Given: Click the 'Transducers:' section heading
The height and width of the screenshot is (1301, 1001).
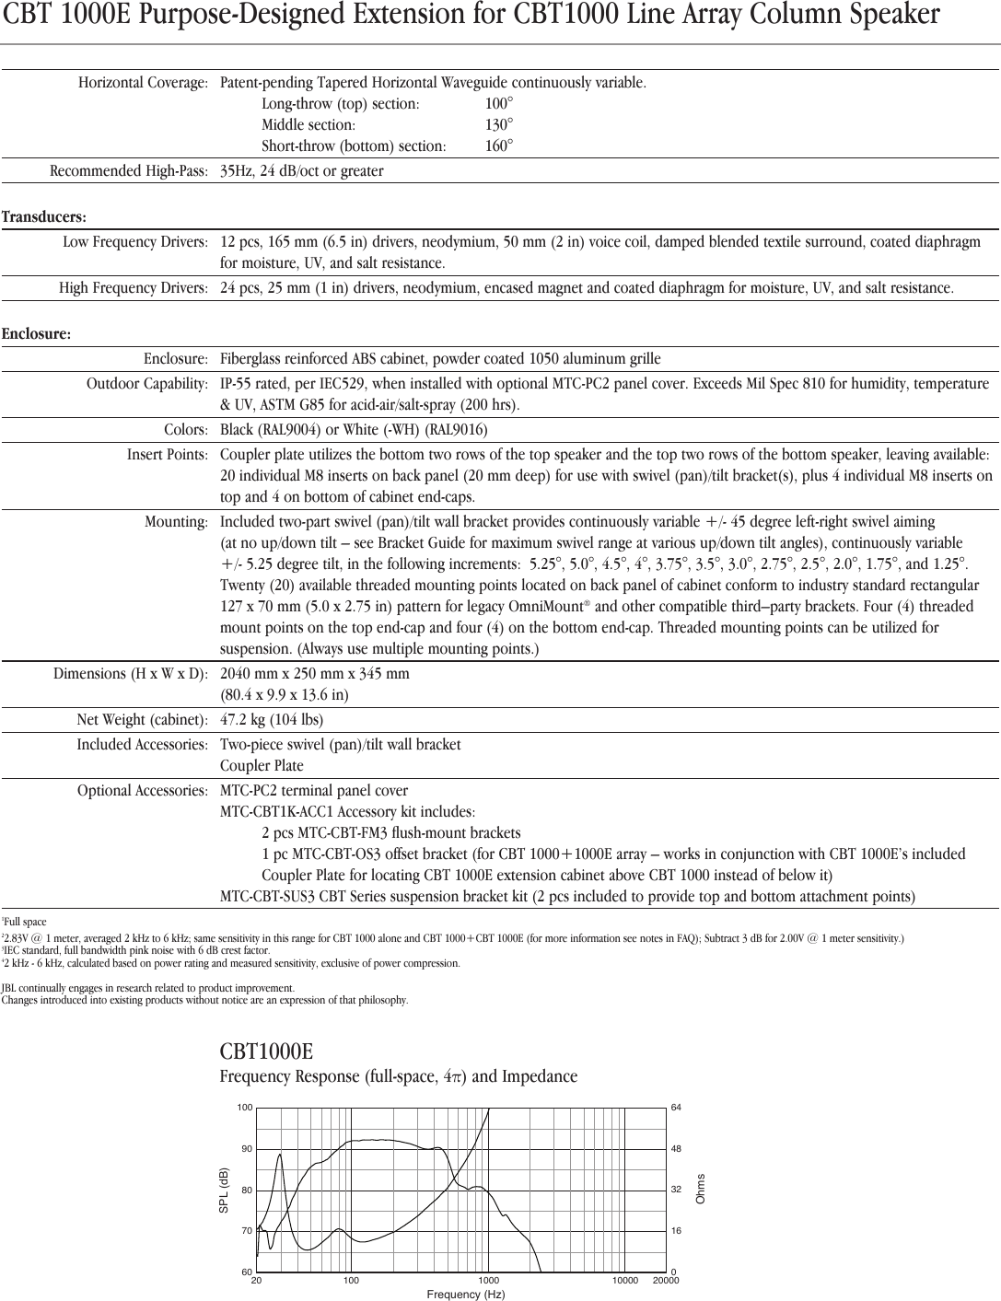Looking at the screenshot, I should tap(44, 217).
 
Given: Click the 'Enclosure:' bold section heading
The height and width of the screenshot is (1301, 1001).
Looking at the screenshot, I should tap(37, 334).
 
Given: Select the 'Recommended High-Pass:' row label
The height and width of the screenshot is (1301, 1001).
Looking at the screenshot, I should tap(129, 171).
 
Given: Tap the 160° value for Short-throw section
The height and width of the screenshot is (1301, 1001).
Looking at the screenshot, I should tap(499, 146).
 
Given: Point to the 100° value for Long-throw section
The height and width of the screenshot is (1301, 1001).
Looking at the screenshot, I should tap(499, 104).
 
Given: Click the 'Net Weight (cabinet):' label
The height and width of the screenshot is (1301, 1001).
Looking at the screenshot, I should tap(142, 720).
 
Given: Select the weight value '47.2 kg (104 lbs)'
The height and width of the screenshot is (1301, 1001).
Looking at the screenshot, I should tap(272, 720).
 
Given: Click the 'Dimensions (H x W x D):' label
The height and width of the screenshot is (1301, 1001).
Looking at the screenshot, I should tap(130, 674).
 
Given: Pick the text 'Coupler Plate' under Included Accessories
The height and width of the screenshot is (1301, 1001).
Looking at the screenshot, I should tap(262, 766).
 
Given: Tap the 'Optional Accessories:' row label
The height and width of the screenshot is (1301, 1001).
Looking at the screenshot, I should tap(142, 791).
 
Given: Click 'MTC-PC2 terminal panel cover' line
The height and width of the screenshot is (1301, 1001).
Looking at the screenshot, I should tap(314, 791).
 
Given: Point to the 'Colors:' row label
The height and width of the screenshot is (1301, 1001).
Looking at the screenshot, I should tap(186, 430).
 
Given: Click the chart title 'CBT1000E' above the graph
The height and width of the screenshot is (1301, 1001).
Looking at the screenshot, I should tap(266, 1051).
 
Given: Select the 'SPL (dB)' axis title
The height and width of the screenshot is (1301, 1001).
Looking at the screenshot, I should tap(223, 1190).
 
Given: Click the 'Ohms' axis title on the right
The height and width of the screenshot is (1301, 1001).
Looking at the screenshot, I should tap(701, 1189).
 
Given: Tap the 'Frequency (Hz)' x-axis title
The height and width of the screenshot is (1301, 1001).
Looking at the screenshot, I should tap(466, 1295).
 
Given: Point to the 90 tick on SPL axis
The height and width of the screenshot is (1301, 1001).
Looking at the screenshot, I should tap(246, 1149).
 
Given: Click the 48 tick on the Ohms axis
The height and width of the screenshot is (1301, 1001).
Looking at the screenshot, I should tap(676, 1149).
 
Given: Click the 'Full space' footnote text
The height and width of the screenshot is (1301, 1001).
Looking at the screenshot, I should tap(26, 922).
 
